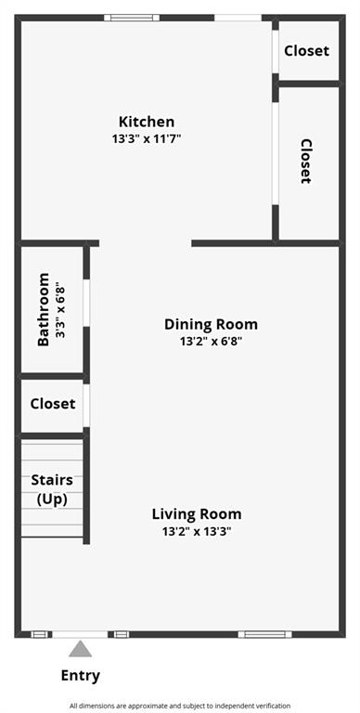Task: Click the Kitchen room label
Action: click(146, 122)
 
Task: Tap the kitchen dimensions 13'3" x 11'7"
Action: click(146, 138)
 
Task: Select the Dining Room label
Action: click(211, 324)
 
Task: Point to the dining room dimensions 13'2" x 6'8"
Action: click(211, 341)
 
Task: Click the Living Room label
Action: click(197, 513)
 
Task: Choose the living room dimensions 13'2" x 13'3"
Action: click(197, 531)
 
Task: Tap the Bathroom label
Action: click(44, 309)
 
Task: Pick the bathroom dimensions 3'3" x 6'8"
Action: click(60, 309)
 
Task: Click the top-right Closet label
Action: click(306, 51)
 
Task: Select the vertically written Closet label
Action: click(306, 162)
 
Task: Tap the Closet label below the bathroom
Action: click(52, 404)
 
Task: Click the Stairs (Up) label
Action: click(52, 489)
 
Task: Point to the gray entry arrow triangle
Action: click(81, 649)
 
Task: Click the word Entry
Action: click(81, 676)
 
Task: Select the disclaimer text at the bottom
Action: click(179, 706)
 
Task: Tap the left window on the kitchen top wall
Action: click(131, 17)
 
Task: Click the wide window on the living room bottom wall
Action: click(264, 634)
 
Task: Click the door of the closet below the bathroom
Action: click(86, 404)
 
